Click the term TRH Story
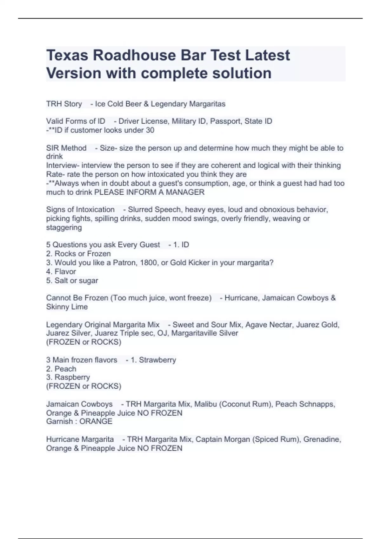64,104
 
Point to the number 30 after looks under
150,130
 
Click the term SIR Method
66,148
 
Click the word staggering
64,227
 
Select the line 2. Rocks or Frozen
78,254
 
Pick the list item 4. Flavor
61,271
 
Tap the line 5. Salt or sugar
72,281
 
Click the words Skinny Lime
67,307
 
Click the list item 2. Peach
61,369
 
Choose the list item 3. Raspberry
68,377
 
